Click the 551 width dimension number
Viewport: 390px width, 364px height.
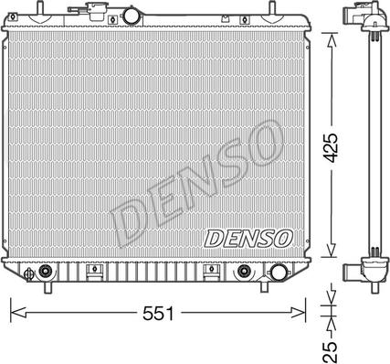160,313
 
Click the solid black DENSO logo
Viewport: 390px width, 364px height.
248,238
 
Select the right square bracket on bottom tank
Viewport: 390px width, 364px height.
209,271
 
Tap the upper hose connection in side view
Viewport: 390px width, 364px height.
352,19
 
